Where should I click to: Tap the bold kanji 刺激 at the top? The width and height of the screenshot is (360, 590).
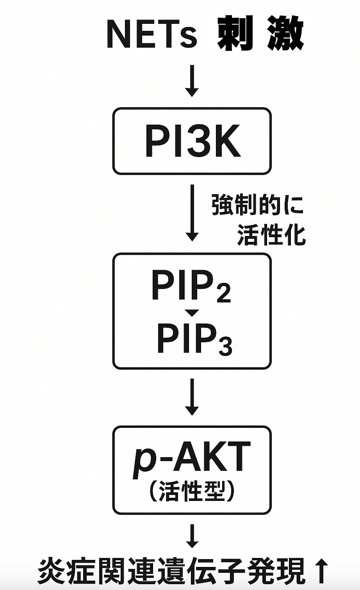[x=260, y=34]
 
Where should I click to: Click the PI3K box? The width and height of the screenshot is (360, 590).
[x=192, y=141]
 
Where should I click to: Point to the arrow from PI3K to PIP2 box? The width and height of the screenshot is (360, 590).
[x=192, y=213]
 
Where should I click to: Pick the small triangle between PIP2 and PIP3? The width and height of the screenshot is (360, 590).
[x=192, y=313]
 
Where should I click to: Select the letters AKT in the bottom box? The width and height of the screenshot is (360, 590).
[x=211, y=457]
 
